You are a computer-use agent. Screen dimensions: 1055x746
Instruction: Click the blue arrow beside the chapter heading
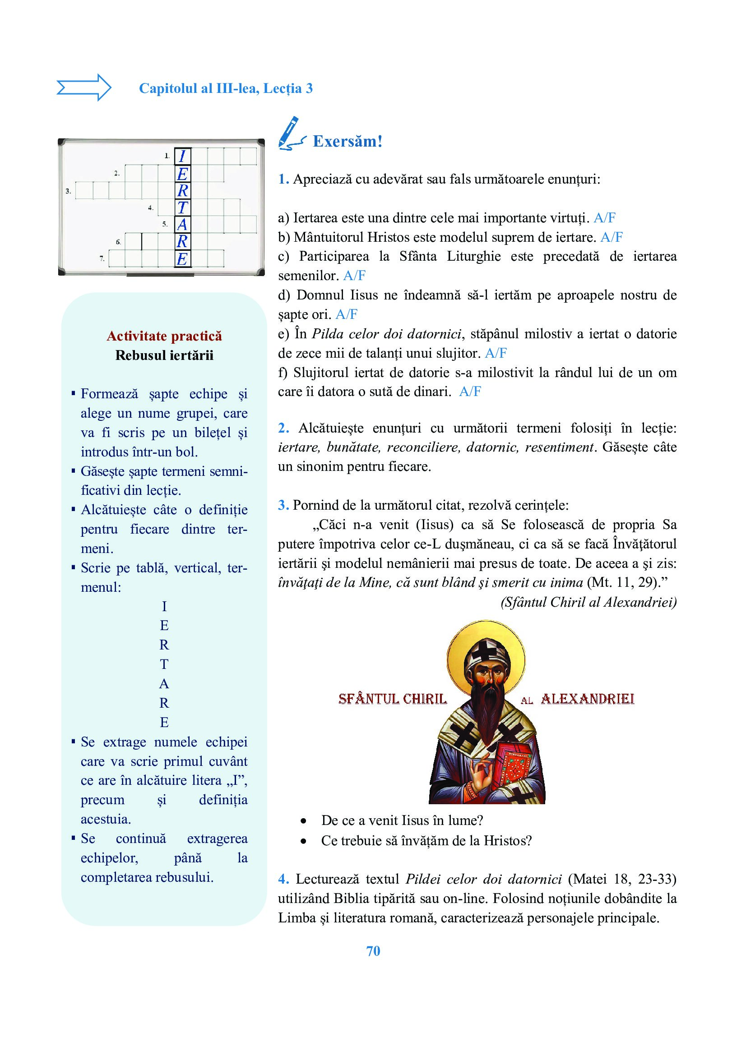(x=83, y=88)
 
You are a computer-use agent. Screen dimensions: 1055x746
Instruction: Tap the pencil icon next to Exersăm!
(x=291, y=134)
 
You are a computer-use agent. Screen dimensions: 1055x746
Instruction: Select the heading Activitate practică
(x=164, y=336)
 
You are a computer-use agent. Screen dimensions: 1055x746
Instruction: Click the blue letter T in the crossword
(x=182, y=207)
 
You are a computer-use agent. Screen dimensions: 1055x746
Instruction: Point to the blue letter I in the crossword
(x=182, y=156)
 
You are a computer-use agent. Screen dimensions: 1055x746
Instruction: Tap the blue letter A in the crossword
(x=182, y=225)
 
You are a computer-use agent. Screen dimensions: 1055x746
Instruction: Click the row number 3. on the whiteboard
(x=68, y=191)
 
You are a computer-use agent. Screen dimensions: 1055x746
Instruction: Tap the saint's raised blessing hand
(x=478, y=777)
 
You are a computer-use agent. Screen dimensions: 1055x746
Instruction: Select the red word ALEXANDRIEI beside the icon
(x=588, y=700)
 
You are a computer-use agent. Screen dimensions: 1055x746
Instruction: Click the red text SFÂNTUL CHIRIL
(x=393, y=700)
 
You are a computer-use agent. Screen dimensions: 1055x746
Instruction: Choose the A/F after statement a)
(x=604, y=218)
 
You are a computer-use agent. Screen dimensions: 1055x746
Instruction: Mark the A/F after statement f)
(x=470, y=392)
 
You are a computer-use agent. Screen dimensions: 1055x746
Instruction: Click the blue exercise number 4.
(x=283, y=879)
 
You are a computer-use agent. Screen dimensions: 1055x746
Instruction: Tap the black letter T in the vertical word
(x=164, y=664)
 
